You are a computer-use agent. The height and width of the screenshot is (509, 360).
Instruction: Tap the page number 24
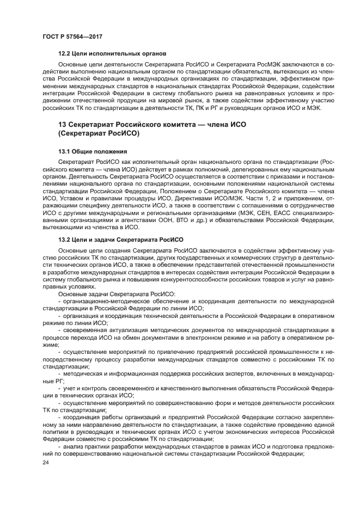(x=46, y=462)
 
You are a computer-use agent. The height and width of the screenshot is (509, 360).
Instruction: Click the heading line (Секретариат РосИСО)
(x=99, y=133)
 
